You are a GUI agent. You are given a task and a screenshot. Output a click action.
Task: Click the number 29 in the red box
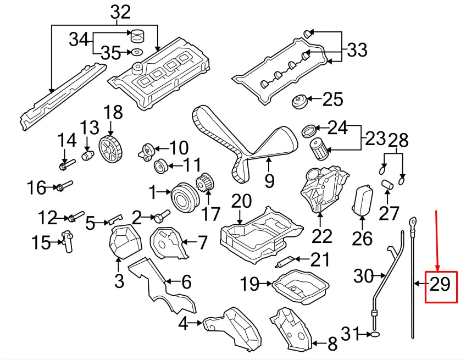pos(441,285)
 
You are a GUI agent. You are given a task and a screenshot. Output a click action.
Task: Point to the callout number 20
pos(241,202)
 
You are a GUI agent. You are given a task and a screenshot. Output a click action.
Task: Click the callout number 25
pos(332,99)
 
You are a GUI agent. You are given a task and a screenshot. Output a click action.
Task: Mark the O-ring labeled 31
pos(374,334)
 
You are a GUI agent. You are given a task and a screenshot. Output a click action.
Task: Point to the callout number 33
pos(357,51)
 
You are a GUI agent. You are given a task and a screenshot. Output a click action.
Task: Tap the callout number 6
pos(186,283)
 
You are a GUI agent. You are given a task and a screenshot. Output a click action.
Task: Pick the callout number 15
pos(41,242)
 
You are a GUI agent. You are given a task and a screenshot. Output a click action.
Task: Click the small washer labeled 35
pos(134,53)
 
